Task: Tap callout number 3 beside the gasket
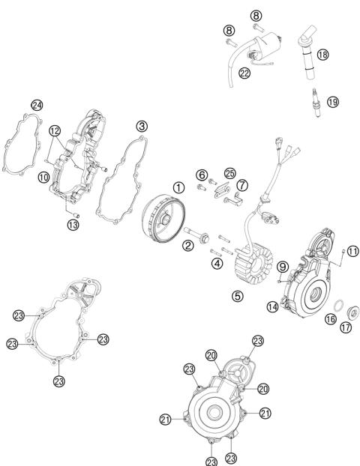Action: click(141, 127)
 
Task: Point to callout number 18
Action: click(322, 54)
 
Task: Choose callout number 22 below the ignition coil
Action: click(244, 73)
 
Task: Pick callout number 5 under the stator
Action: click(237, 296)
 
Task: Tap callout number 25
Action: click(229, 173)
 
